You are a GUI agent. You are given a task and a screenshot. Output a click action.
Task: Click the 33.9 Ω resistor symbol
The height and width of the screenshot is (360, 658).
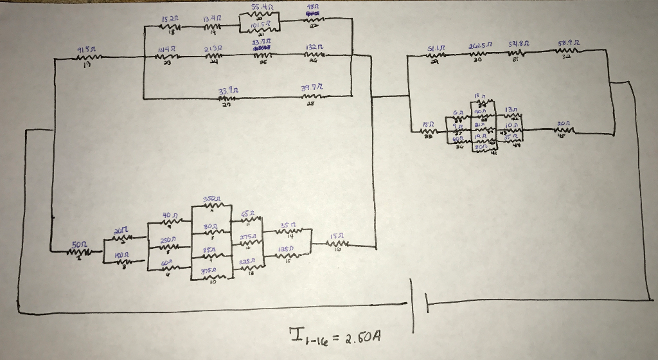[x=225, y=99]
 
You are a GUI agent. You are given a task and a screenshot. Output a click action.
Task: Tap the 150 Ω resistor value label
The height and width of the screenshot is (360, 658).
[x=121, y=255]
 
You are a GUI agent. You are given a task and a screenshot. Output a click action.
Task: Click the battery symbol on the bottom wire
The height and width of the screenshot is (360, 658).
[x=418, y=305]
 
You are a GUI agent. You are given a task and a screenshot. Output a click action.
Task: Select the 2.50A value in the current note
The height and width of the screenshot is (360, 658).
[x=360, y=337]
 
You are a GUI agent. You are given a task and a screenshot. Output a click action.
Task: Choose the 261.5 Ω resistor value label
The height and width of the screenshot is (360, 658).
[x=477, y=46]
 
